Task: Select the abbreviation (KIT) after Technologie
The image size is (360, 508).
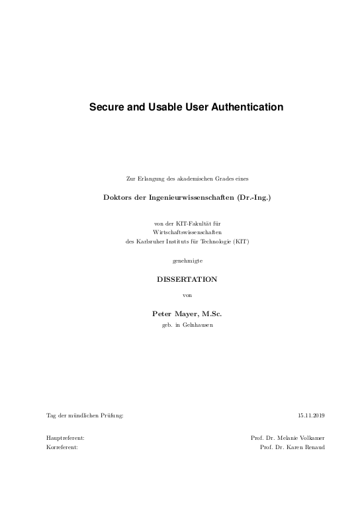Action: point(241,241)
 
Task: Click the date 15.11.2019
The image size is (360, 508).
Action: point(311,415)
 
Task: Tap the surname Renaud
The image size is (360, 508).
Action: point(313,448)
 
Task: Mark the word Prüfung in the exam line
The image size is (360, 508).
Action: point(112,415)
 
